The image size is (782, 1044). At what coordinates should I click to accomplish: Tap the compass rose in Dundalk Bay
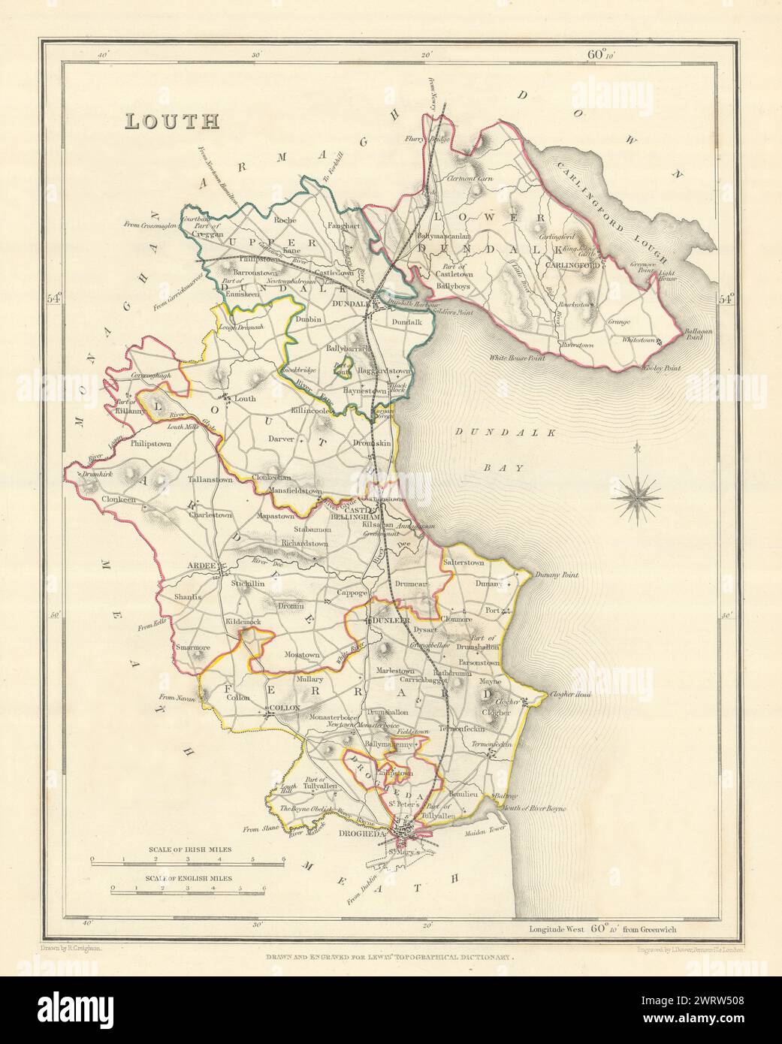point(636,493)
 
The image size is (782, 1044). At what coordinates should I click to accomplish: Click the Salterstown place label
point(463,563)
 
